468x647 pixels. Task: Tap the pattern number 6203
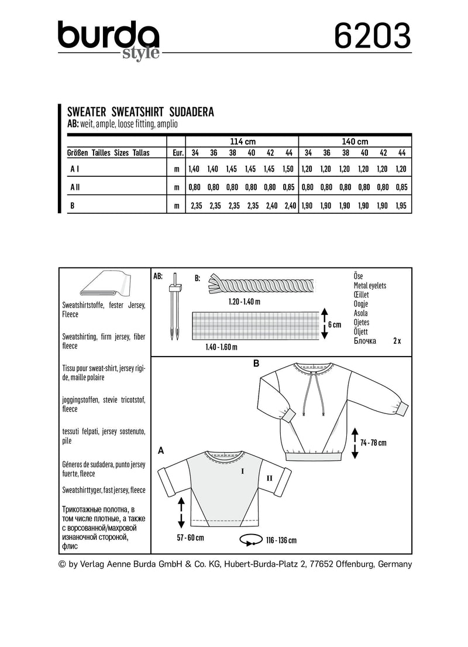pyautogui.click(x=372, y=37)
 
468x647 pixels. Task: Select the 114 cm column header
pyautogui.click(x=242, y=141)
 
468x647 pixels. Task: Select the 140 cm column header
pyautogui.click(x=355, y=141)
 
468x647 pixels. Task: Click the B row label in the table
pyautogui.click(x=72, y=206)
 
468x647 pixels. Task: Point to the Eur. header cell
pyautogui.click(x=176, y=153)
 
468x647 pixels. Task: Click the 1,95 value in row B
pyautogui.click(x=401, y=206)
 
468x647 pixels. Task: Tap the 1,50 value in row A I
pyautogui.click(x=288, y=169)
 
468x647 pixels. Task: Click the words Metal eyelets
pyautogui.click(x=370, y=286)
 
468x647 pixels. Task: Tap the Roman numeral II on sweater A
pyautogui.click(x=270, y=478)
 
